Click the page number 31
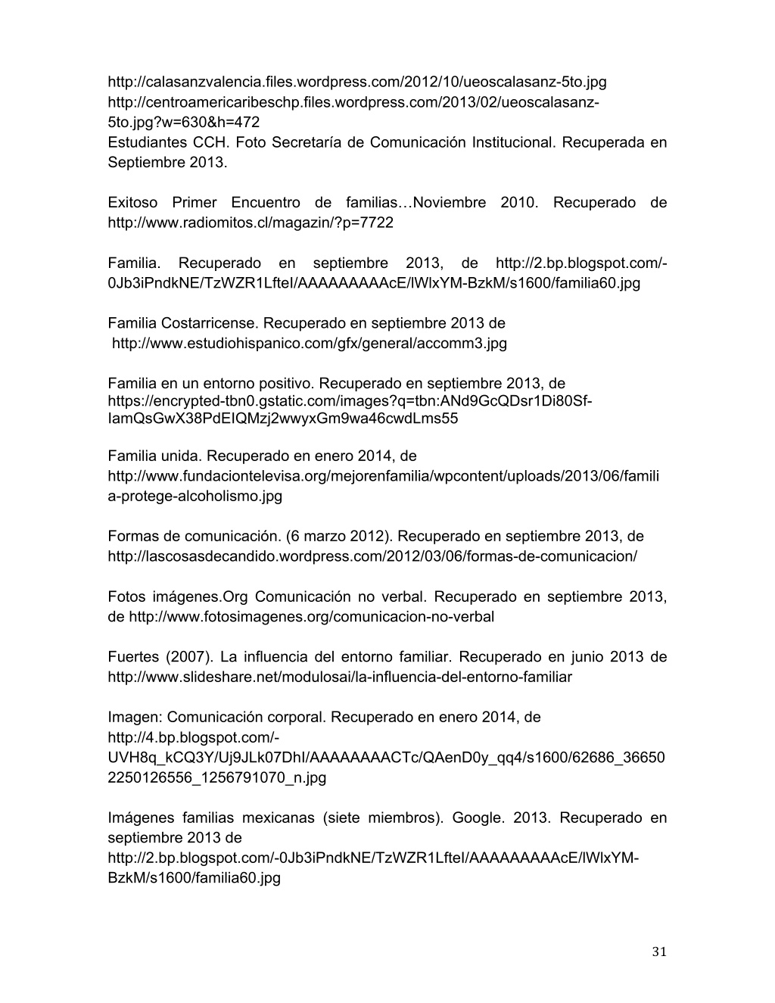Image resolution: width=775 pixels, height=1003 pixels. point(658,952)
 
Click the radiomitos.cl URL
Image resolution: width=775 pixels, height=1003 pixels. point(251,223)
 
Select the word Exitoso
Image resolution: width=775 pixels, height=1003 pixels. point(132,202)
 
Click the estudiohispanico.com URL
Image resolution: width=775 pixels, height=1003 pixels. point(310,344)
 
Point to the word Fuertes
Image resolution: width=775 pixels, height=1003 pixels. point(132,657)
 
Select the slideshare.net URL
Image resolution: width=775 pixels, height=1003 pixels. point(340,677)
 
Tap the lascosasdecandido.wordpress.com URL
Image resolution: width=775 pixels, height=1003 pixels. point(372,556)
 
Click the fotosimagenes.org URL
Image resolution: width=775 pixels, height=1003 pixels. point(311,617)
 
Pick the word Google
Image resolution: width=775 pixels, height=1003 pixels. point(477,818)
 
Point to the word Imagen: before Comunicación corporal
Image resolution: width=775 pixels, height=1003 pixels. point(135,717)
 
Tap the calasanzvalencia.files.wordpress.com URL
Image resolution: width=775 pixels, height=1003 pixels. point(357,82)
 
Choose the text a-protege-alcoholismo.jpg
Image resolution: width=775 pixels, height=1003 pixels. point(195,497)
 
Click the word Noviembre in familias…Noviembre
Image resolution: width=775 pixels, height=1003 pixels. point(450,202)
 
